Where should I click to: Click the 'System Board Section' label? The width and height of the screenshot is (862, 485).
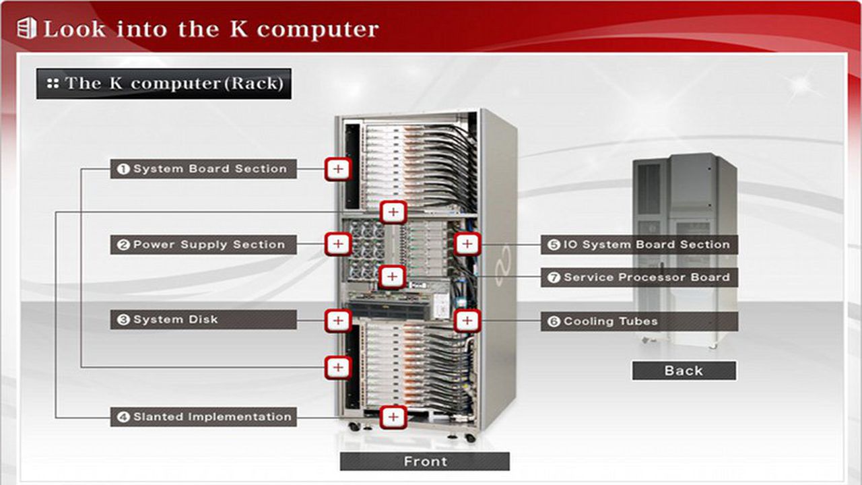pos(203,168)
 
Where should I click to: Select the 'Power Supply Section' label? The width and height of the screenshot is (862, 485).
pos(203,245)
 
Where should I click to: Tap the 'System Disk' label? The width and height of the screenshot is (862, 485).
pos(203,319)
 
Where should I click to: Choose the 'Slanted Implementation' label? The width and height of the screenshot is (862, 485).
pos(203,417)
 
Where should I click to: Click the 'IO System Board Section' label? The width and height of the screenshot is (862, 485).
pos(639,245)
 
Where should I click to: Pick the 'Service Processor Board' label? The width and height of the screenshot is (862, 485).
pos(639,277)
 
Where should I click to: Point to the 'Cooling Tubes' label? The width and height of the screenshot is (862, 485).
pos(639,321)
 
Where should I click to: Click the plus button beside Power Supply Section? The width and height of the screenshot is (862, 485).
pos(338,244)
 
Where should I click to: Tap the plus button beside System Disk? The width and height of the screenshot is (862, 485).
pos(338,320)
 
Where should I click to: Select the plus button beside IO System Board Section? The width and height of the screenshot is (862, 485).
pos(467,244)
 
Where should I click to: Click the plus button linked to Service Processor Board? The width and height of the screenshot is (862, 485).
pos(392,277)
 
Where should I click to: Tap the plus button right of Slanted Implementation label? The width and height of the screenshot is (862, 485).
pos(393,417)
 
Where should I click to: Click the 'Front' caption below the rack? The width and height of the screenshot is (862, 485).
pos(425,461)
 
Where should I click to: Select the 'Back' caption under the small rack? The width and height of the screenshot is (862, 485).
pos(684,370)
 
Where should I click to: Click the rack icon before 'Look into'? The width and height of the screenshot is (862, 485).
pos(27,28)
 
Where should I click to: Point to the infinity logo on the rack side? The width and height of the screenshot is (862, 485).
pos(502,266)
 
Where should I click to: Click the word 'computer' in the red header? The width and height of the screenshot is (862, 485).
pos(318,30)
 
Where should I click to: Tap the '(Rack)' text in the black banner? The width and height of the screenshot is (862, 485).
pos(254,83)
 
